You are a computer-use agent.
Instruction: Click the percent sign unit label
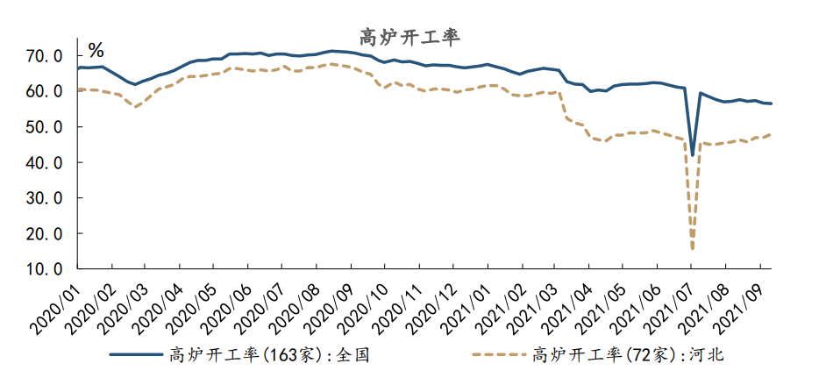tap(96, 49)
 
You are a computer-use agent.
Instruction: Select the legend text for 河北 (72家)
tap(626, 355)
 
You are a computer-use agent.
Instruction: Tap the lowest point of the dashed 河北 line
tap(693, 249)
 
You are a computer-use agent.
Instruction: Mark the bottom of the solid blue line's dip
tap(693, 155)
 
